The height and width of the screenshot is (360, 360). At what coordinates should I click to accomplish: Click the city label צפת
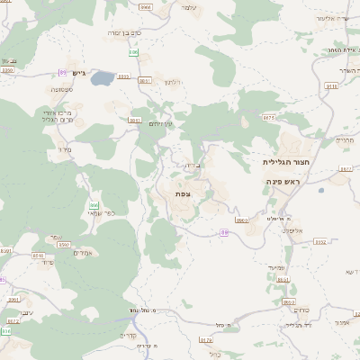183,193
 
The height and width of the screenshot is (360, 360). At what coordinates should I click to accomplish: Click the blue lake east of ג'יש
102,78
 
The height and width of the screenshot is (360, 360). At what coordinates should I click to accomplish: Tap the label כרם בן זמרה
125,32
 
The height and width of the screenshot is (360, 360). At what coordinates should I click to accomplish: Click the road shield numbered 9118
331,86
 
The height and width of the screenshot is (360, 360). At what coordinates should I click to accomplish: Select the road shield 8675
268,117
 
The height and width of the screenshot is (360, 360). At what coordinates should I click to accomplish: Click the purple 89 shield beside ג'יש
62,72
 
